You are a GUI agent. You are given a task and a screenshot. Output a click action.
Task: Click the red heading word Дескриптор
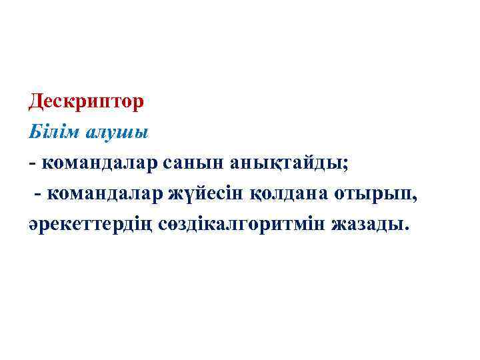click(x=86, y=102)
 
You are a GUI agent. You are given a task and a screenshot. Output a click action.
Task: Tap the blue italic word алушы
click(x=117, y=131)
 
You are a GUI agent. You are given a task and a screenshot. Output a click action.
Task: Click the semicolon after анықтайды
click(x=345, y=163)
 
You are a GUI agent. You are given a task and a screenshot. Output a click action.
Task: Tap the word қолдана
click(x=297, y=193)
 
